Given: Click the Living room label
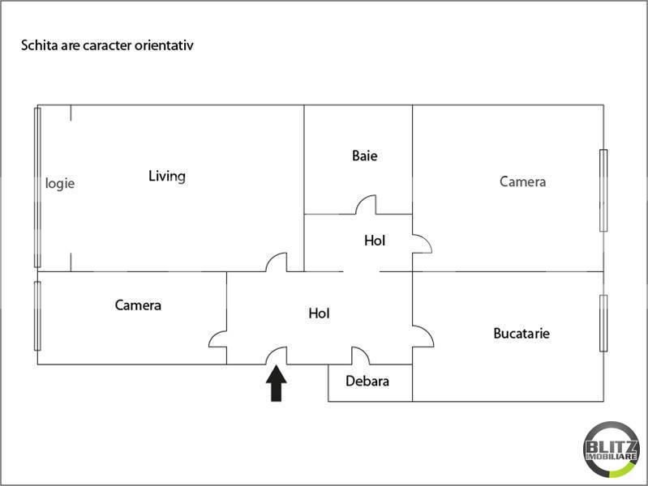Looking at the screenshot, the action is point(167,177).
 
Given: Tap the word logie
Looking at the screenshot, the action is point(60,183).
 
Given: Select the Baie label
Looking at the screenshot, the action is point(364,156).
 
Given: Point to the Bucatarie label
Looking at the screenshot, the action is point(521,333).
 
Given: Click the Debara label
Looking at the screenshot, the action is point(367,381).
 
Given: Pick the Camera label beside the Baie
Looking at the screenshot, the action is point(523,181).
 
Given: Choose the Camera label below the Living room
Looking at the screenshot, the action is point(138,305).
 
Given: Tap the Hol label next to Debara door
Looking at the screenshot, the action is point(319,313).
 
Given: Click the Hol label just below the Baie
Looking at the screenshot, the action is point(375,241).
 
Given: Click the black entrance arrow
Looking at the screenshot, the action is point(276,383).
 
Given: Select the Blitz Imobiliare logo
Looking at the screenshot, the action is point(612,450).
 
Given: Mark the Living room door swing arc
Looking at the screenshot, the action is point(273,257).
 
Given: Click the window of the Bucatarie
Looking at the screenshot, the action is point(603,323).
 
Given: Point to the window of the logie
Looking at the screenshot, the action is point(37,187).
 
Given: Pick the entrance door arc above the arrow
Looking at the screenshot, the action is point(273,352).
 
